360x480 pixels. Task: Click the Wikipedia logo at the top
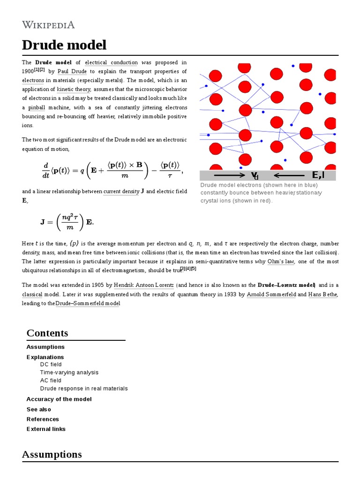48,25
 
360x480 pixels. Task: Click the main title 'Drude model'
64,45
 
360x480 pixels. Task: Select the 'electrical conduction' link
111,62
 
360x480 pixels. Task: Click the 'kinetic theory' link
74,89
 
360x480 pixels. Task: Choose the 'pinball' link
36,107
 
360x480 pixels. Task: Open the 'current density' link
121,191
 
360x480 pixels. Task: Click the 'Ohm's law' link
281,262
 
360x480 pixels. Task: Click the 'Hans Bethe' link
323,294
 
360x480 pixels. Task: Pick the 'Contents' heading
47,333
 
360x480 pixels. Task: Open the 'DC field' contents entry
51,364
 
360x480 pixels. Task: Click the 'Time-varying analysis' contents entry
69,372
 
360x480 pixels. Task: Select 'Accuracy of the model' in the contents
59,399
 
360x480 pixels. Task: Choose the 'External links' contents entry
46,429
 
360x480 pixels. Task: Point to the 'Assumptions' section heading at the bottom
52,454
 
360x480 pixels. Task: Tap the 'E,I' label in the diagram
318,175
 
